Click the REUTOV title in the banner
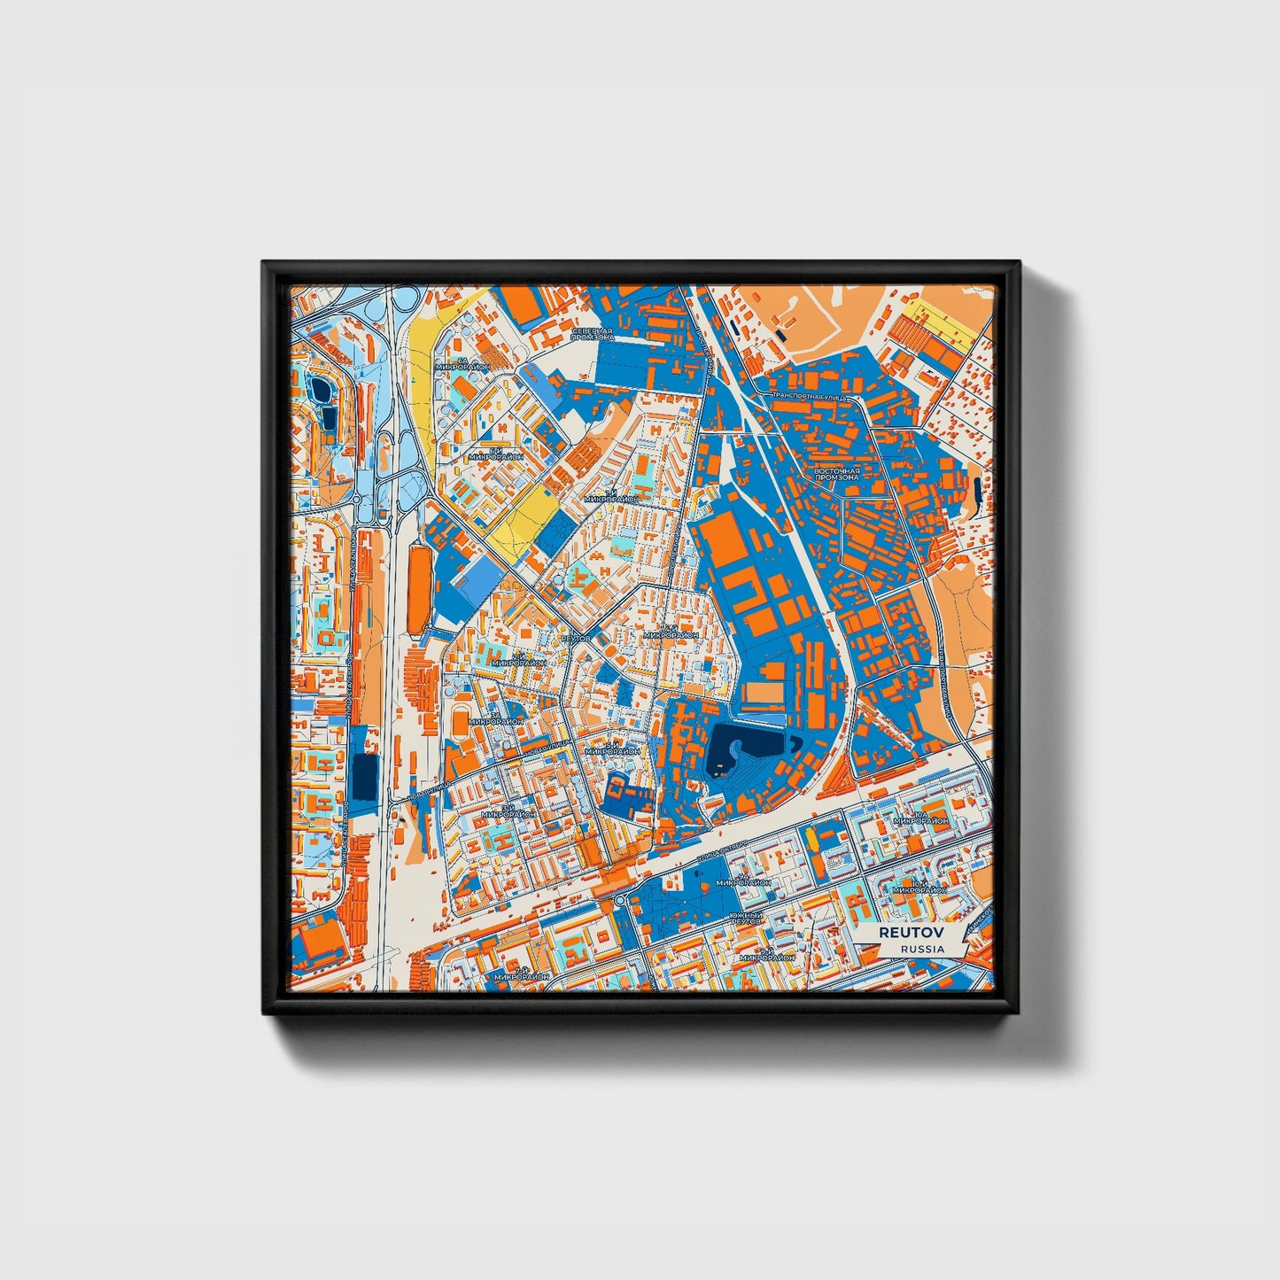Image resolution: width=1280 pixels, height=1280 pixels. tap(911, 932)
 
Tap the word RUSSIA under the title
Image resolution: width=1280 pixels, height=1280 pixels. tap(922, 948)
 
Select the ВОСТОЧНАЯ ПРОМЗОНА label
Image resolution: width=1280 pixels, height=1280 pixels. tap(837, 472)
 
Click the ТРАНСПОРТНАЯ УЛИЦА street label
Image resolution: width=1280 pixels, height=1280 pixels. tap(810, 396)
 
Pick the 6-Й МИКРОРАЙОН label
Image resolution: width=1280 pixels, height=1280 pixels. tap(496, 453)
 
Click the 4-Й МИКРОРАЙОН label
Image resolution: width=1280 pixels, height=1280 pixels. tap(671, 632)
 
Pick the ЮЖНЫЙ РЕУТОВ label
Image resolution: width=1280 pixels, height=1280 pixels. tap(745, 918)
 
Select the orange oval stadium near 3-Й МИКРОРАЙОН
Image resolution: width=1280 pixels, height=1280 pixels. tap(460, 723)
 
